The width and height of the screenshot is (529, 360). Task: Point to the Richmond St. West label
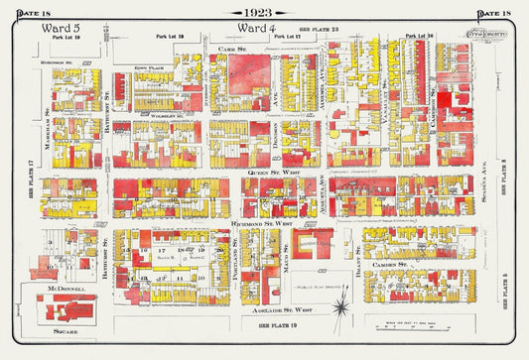262,224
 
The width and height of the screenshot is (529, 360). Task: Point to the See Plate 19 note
277,325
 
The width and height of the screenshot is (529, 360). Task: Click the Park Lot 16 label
422,37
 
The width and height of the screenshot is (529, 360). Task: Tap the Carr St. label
233,47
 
